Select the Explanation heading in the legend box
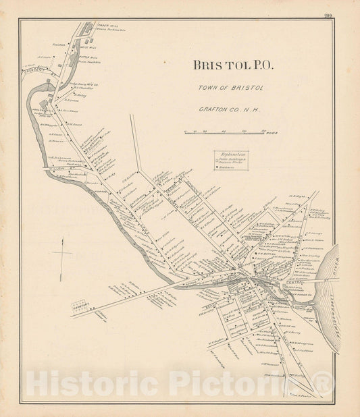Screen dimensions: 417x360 coord(231,155)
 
